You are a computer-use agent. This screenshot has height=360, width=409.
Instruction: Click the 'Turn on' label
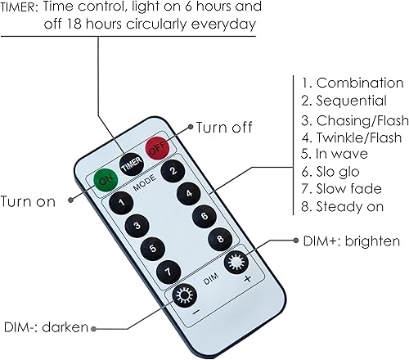tap(28, 202)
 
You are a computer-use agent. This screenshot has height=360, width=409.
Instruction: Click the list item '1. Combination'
tap(352, 83)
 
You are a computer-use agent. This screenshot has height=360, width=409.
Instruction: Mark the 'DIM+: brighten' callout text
tap(347, 241)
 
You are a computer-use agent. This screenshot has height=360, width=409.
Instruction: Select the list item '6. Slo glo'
tap(331, 172)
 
